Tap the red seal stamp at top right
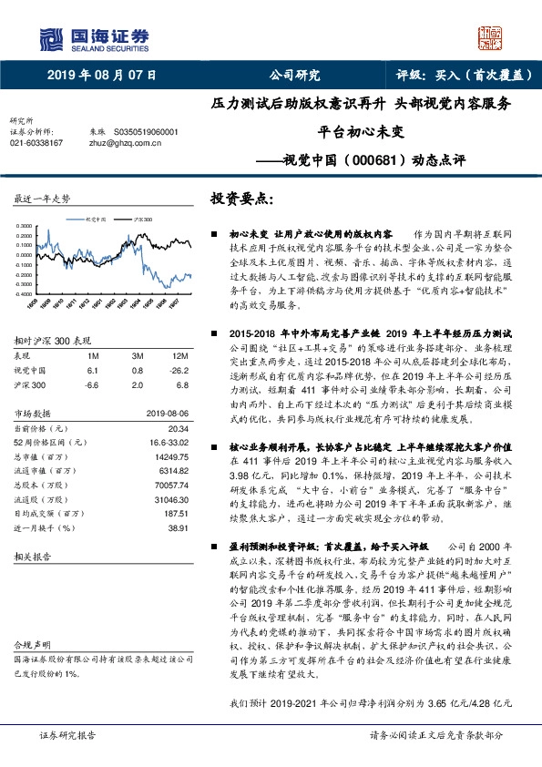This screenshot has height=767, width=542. [x=492, y=36]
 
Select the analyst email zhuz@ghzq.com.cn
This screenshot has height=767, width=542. [x=124, y=143]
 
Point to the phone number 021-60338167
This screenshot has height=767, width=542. [x=36, y=143]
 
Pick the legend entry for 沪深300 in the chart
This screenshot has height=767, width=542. [x=142, y=220]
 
